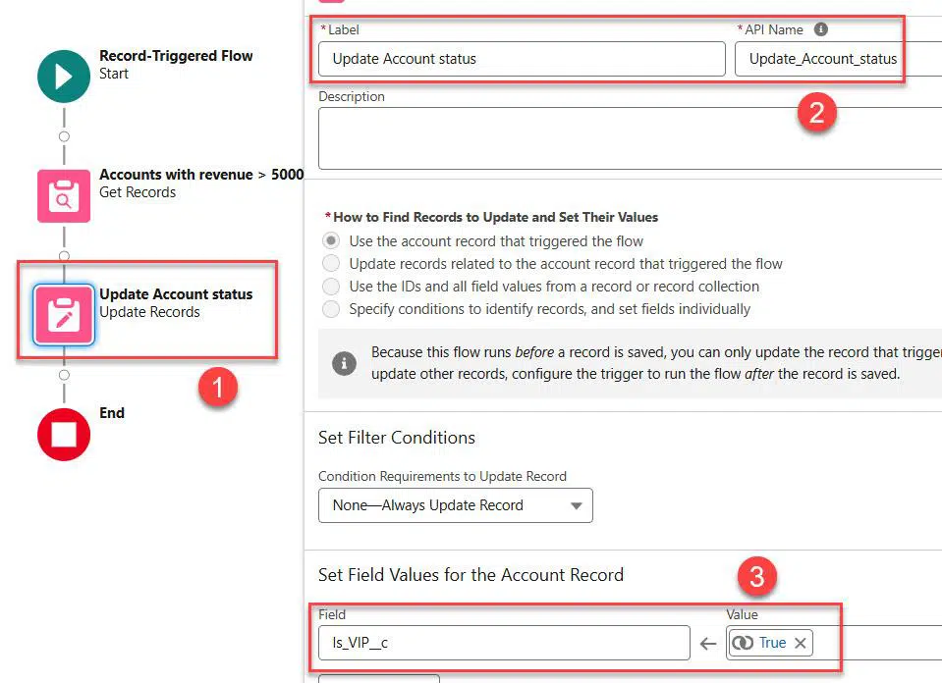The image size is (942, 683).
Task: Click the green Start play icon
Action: point(64,77)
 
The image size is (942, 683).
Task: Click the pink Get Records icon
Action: point(64,195)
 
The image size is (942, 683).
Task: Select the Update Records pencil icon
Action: point(64,315)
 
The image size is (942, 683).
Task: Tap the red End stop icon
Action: point(64,435)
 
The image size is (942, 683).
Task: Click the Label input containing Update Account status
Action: point(522,59)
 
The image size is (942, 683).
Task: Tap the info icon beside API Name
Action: point(820,29)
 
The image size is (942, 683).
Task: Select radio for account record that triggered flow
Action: point(331,240)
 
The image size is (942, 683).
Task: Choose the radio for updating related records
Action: point(331,263)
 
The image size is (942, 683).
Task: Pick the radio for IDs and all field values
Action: point(331,287)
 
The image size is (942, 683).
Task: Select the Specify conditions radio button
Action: point(331,309)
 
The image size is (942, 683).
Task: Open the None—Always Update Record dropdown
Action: point(456,505)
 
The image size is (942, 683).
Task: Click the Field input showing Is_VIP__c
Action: point(504,643)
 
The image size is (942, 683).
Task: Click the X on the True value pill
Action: point(801,644)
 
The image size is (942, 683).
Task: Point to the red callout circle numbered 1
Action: point(218,387)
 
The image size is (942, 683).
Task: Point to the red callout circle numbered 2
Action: point(817,112)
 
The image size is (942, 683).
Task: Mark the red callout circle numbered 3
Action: point(757,577)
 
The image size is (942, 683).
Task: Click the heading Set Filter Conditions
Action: point(397,438)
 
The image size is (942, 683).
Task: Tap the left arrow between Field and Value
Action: point(708,644)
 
